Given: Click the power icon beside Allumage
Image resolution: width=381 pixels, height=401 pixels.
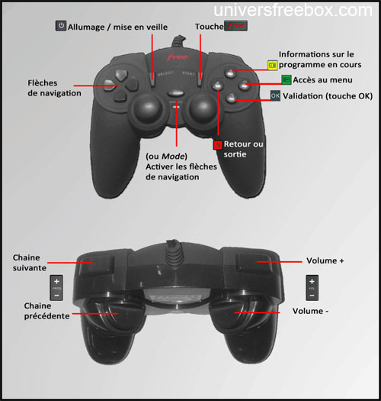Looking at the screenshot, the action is click(61, 26).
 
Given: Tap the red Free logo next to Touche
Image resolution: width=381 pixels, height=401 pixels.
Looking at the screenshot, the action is click(235, 25).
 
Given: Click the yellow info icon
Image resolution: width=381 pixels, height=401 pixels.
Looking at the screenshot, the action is click(272, 65).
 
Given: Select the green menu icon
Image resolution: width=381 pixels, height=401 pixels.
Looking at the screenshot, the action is click(287, 79).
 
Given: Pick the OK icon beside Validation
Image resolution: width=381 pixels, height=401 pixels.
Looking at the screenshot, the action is click(275, 95).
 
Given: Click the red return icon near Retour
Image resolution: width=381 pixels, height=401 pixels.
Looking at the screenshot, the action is click(218, 145).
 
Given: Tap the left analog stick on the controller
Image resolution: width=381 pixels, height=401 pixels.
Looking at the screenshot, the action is click(147, 108).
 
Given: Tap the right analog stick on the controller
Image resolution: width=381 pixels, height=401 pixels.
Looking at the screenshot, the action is click(203, 108).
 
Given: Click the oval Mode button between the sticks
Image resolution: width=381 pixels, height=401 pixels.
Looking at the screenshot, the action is click(175, 93).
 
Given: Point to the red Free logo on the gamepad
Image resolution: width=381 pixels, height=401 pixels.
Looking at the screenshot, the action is click(178, 57).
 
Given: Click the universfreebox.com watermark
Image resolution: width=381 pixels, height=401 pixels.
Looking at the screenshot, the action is click(293, 10).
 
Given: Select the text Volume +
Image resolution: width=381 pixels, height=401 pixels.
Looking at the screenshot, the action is click(325, 261).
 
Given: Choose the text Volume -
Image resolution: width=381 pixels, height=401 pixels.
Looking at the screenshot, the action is click(310, 311).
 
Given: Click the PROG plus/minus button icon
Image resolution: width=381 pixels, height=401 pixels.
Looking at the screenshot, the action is click(56, 288).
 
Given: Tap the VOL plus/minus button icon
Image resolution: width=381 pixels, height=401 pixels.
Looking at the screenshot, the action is click(312, 288).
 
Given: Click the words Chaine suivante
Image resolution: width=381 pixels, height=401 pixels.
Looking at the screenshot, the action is click(30, 263).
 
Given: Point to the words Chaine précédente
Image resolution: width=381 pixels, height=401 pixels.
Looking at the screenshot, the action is click(47, 311).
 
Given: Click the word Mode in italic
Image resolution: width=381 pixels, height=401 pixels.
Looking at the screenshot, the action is click(173, 156).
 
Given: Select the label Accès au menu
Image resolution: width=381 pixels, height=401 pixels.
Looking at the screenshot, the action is click(322, 79).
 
